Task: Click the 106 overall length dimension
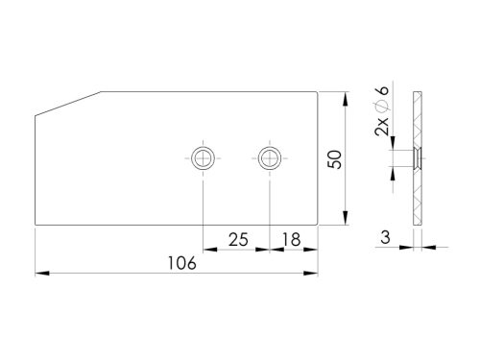[181, 263]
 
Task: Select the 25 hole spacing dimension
[238, 240]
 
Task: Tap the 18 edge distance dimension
[292, 240]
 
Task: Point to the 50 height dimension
[335, 159]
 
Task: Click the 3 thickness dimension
[386, 237]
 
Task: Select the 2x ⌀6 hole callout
[381, 110]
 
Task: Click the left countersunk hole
[203, 158]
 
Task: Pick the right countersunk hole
[270, 158]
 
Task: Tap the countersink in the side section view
[418, 157]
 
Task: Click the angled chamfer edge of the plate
[68, 104]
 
